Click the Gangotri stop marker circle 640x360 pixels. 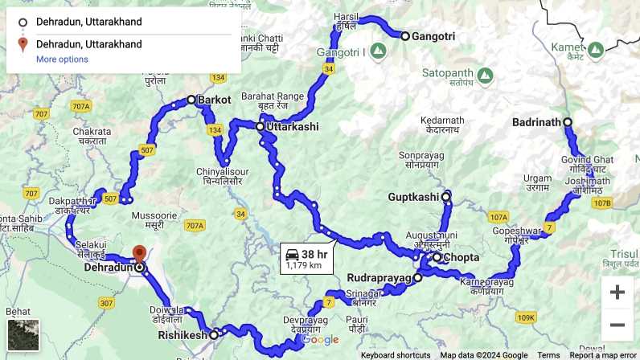(x=405, y=36)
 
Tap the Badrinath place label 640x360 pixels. (x=535, y=122)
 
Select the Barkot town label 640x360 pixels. (x=214, y=100)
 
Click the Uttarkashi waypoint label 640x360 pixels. (x=292, y=127)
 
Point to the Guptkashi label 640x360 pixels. (x=413, y=196)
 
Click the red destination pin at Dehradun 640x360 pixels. (x=138, y=255)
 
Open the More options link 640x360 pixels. (x=62, y=59)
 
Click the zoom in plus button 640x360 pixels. (x=617, y=292)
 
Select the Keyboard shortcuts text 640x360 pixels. (x=396, y=355)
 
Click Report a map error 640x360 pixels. (x=603, y=355)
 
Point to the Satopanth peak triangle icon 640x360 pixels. (x=484, y=75)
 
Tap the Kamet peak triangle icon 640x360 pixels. (x=595, y=50)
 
